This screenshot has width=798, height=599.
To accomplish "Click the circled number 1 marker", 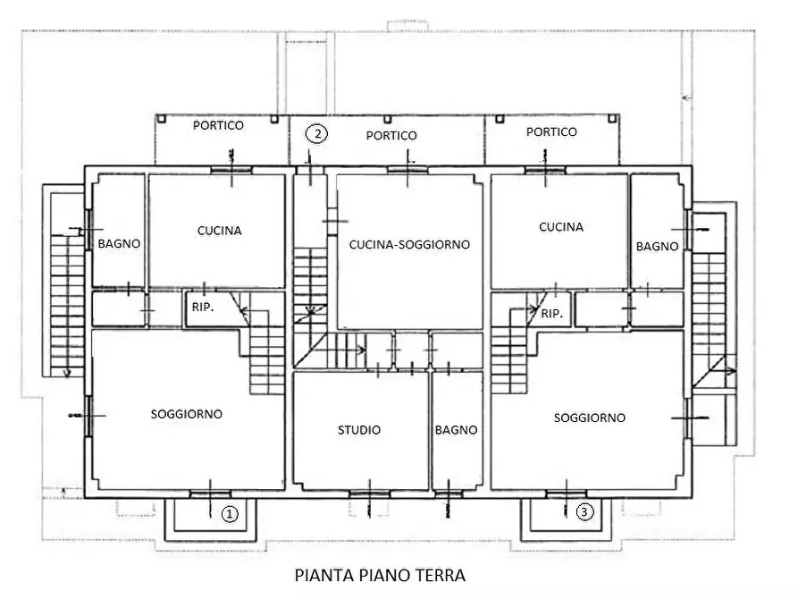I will pyautogui.click(x=230, y=514).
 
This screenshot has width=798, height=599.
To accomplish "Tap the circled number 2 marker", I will pyautogui.click(x=316, y=133).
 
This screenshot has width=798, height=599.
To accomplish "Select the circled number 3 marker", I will pyautogui.click(x=584, y=512).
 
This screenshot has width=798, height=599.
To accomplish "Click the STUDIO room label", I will pyautogui.click(x=358, y=430).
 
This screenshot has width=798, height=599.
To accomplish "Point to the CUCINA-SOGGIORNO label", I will pyautogui.click(x=409, y=244).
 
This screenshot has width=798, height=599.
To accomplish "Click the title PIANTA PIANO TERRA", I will pyautogui.click(x=380, y=575).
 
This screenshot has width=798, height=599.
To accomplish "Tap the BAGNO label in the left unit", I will pyautogui.click(x=119, y=243).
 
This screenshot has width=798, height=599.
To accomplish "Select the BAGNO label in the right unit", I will pyautogui.click(x=657, y=246).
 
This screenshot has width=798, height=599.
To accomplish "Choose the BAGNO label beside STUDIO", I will pyautogui.click(x=456, y=430).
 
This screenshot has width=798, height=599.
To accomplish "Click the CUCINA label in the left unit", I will pyautogui.click(x=219, y=231).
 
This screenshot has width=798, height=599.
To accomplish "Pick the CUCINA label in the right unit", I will pyautogui.click(x=560, y=227).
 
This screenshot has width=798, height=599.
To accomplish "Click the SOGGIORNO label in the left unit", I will pyautogui.click(x=186, y=414).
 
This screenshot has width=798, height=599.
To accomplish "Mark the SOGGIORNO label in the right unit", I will pyautogui.click(x=589, y=418).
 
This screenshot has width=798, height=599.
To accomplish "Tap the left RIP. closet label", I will pyautogui.click(x=202, y=307).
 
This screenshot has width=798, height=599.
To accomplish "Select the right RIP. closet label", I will pyautogui.click(x=551, y=314).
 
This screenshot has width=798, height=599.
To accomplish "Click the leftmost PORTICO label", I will pyautogui.click(x=218, y=125).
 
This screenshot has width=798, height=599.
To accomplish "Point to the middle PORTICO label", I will pyautogui.click(x=391, y=135).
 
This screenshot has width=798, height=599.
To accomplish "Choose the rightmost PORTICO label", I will pyautogui.click(x=551, y=131).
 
